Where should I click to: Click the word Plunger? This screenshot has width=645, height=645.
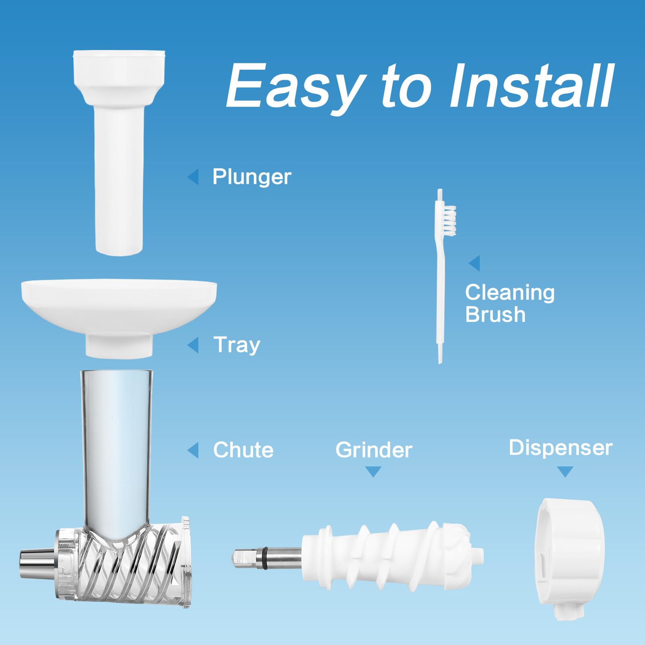coord(252,177)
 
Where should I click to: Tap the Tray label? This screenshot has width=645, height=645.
coord(237,345)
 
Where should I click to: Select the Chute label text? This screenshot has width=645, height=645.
coord(243,450)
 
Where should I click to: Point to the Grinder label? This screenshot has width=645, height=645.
coord(374,450)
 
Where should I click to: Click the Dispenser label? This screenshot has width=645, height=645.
coord(561,448)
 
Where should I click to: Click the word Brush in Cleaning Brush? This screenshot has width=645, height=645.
coord(495,314)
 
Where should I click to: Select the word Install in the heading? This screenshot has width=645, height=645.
coord(532,85)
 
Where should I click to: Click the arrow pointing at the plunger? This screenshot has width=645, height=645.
coord(193,177)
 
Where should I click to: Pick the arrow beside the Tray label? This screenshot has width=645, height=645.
coord(193,345)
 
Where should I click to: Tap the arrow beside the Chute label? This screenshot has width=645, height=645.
coord(193,450)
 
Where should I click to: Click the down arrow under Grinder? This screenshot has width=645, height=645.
coord(373,472)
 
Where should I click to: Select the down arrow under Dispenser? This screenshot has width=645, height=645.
coord(565,472)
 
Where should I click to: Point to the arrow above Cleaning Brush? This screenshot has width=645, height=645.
coord(474,263)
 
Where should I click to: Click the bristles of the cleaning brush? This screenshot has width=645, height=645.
coord(449,221)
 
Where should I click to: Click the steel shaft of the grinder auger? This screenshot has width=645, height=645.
coord(266,558)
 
